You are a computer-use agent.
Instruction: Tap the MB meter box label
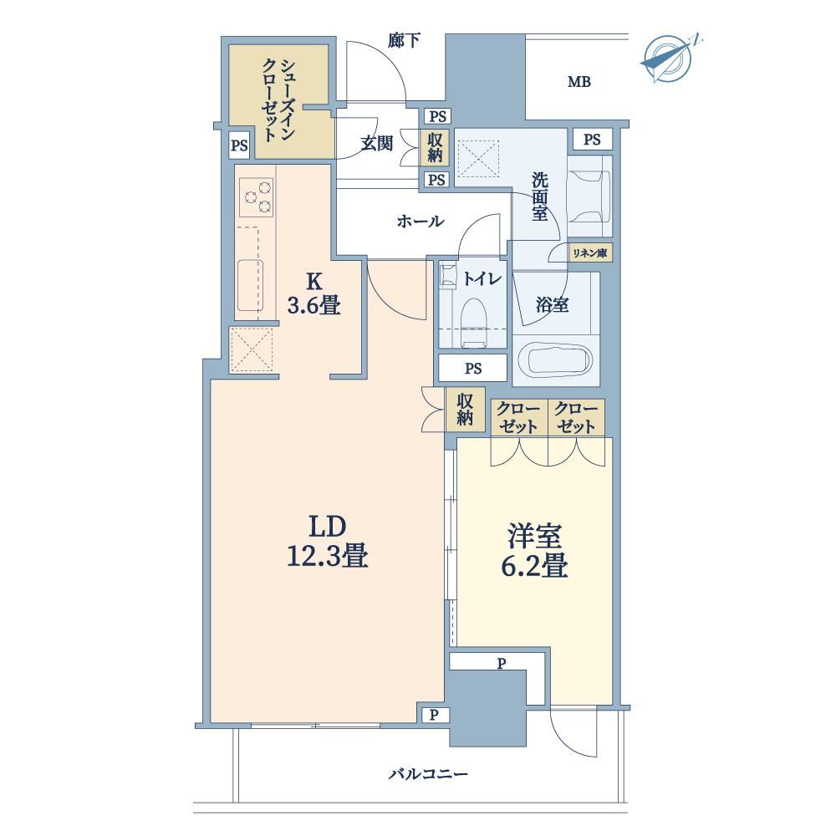pos(579,82)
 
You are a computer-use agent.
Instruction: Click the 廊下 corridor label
pos(404,40)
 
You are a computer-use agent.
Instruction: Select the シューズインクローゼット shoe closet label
pos(278,100)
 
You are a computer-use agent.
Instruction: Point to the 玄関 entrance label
pos(376,144)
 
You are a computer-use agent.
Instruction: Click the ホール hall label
pos(421,222)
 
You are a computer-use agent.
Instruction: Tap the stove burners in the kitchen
pos(257,197)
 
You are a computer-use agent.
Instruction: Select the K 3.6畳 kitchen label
pos(314,293)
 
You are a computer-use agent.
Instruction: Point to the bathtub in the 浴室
pos(556,359)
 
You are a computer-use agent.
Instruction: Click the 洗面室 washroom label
pos(539,196)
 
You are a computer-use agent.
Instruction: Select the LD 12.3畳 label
pos(328,541)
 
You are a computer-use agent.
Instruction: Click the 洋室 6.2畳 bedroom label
pos(534,551)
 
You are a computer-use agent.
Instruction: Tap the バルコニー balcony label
pos(428,774)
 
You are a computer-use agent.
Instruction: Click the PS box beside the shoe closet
pos(239,145)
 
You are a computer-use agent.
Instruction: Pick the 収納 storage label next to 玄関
pos(435,147)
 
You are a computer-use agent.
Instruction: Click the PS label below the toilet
pos(473,369)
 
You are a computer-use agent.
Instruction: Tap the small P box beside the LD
pos(434,716)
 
